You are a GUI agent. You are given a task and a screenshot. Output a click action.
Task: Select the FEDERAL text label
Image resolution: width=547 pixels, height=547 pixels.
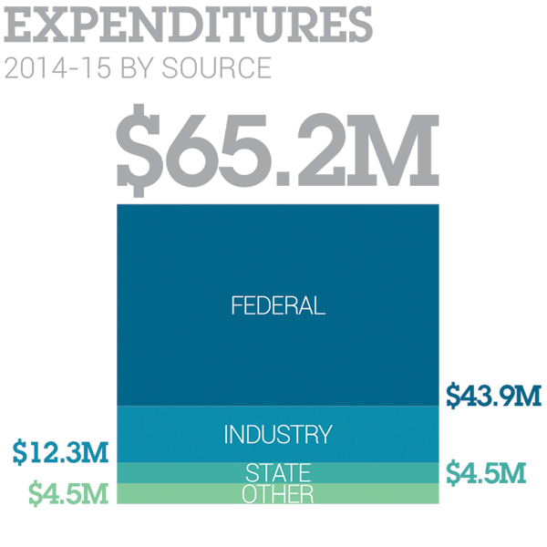[x=278, y=305]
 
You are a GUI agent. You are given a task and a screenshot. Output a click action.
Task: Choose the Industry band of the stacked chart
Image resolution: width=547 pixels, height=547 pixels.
[x=164, y=434]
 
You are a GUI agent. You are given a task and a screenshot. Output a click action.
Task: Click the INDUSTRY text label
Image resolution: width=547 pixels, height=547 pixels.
[x=278, y=434]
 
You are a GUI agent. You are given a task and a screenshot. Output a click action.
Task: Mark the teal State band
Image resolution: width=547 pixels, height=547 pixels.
[x=164, y=472]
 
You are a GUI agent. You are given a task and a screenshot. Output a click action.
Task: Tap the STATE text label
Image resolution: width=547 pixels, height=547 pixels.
[x=278, y=473]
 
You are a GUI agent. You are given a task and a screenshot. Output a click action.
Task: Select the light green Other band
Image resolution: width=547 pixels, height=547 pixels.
[x=164, y=493]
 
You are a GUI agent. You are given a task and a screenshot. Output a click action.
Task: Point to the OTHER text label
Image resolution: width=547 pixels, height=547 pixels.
[x=278, y=494]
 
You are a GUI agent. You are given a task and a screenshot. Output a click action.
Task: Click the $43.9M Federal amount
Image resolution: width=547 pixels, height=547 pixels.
[x=493, y=396]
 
